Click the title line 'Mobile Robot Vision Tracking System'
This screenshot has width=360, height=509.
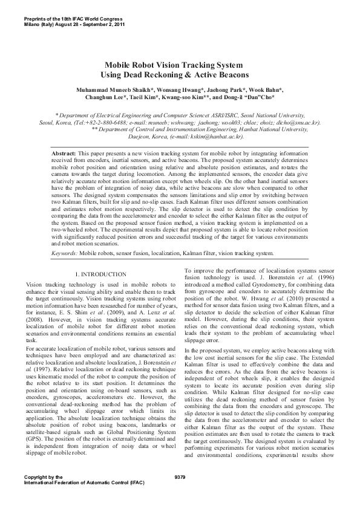[x=174, y=65]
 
